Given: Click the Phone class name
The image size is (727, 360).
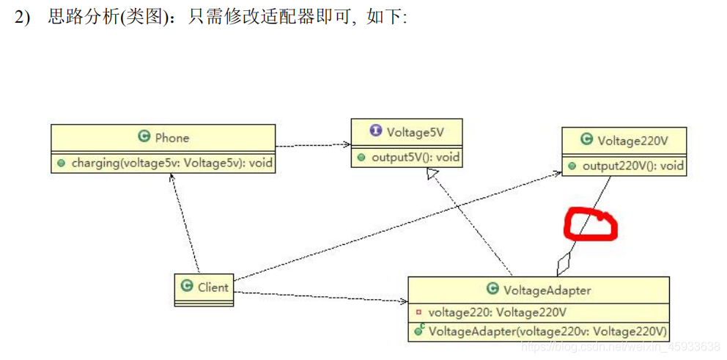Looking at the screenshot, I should click(x=172, y=137).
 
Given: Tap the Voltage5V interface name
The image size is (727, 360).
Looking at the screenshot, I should click(x=415, y=132).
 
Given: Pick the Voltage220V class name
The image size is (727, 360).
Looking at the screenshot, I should click(x=632, y=140).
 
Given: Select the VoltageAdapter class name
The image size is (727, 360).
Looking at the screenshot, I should click(x=547, y=290).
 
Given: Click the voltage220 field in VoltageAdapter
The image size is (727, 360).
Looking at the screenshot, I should click(x=497, y=312).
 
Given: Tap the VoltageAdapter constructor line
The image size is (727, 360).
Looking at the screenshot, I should click(x=547, y=331).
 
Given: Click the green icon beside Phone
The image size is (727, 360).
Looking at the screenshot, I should click(x=144, y=137).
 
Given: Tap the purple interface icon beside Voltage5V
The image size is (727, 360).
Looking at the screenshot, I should click(x=376, y=132).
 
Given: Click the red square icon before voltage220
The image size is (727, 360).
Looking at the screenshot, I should click(x=418, y=312).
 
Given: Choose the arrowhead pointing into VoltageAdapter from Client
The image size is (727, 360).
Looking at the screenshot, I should click(x=403, y=301).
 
